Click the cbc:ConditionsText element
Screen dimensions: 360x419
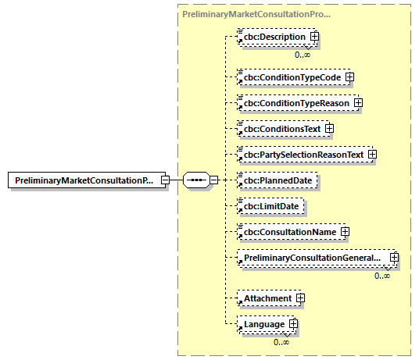coord(281,129)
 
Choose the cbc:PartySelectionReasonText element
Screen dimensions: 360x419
coord(303,155)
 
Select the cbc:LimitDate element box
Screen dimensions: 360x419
coord(268,206)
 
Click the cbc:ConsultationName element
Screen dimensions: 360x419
coord(288,232)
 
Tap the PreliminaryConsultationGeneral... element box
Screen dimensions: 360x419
coord(313,258)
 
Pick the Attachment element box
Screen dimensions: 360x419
coord(267,298)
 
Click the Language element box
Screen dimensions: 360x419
coord(264,324)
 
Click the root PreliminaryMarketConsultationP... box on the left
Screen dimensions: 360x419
coord(84,180)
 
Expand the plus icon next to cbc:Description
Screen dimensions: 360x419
coord(314,37)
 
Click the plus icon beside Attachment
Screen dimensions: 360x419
coord(300,298)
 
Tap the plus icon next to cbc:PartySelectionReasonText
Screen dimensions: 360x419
coord(372,155)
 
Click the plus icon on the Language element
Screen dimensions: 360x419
coord(294,324)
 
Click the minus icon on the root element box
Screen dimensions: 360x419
coord(166,180)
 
